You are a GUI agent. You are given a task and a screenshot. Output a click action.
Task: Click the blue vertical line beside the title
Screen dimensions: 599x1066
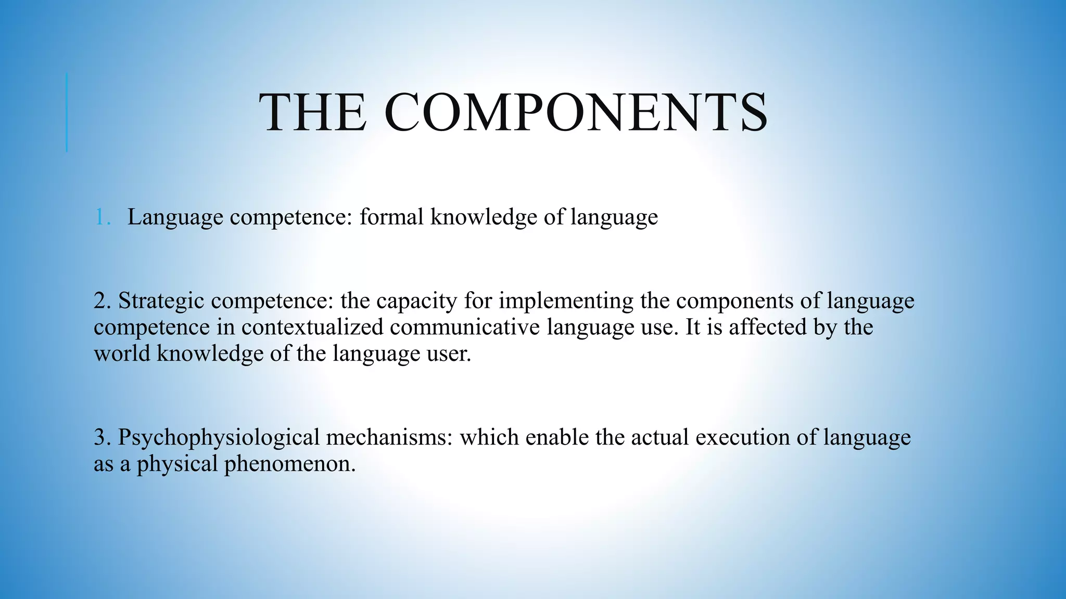point(67,113)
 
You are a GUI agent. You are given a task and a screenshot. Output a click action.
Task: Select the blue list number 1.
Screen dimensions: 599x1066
point(102,217)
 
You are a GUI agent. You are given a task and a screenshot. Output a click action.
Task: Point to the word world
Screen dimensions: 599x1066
point(122,354)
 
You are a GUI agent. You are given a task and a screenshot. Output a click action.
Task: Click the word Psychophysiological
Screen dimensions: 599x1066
point(218,438)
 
